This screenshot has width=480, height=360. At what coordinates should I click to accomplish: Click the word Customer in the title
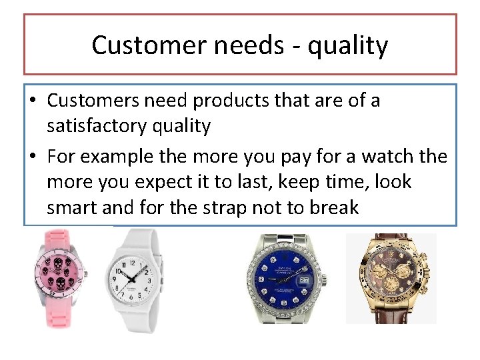coord(138,45)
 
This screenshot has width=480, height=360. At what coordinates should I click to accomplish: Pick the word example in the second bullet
coord(126,157)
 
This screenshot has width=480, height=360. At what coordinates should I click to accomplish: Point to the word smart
coord(72,207)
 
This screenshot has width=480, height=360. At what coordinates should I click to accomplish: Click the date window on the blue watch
coord(305,281)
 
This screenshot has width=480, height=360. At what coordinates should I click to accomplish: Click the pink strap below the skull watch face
coord(61,316)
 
